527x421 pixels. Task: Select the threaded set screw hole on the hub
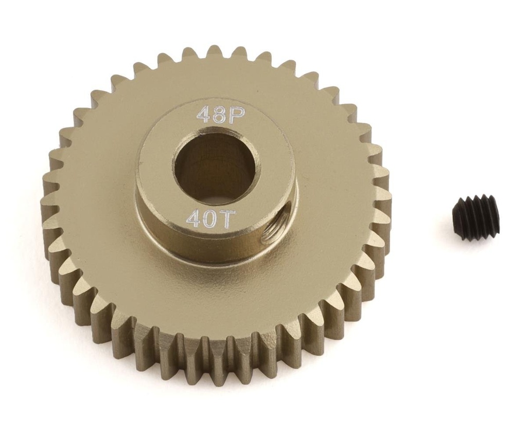tap(272, 236)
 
